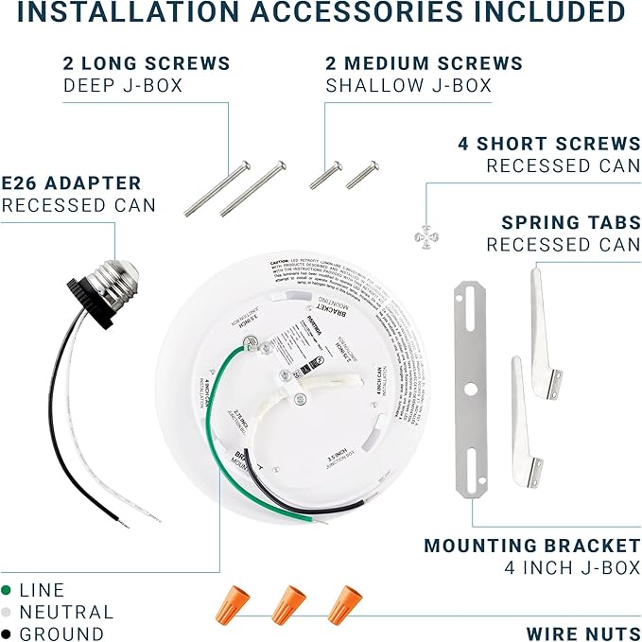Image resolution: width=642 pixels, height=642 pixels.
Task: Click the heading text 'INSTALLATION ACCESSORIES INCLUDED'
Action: [321, 13]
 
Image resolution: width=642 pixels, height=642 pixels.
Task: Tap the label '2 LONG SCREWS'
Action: [147, 63]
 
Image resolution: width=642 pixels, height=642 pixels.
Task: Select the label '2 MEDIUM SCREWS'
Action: [424, 63]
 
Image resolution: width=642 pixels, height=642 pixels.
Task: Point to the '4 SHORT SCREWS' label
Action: [549, 144]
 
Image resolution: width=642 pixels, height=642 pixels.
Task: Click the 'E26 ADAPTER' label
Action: [72, 182]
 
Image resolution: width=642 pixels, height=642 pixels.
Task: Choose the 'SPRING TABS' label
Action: [570, 223]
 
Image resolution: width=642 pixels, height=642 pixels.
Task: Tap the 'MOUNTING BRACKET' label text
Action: [532, 546]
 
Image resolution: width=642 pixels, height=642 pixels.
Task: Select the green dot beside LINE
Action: [7, 589]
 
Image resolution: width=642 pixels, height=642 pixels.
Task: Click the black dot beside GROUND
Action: [7, 634]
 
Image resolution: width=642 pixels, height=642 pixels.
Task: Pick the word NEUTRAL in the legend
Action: [66, 612]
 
